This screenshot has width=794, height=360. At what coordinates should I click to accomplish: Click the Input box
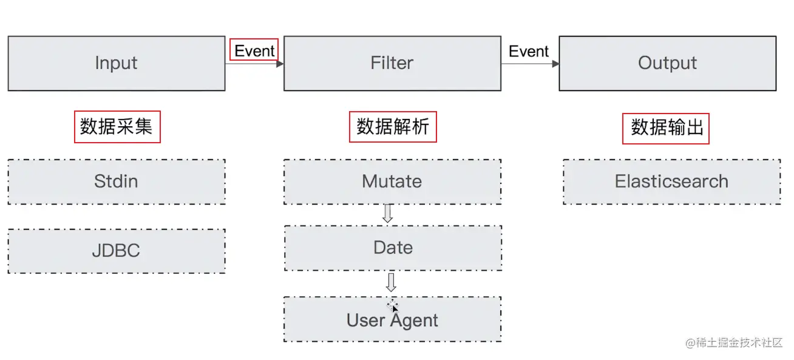[x=116, y=63]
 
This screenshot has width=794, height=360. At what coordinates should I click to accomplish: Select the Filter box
[x=392, y=63]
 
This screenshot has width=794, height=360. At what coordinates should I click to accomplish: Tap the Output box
[x=667, y=63]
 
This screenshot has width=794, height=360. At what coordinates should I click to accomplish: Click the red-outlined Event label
[x=254, y=51]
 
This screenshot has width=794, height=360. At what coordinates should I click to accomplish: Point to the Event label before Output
[x=529, y=52]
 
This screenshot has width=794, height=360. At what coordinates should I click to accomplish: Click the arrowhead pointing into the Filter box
[x=280, y=64]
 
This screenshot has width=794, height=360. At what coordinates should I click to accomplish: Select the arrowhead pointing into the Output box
[x=555, y=64]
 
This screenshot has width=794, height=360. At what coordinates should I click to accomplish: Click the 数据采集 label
[x=117, y=126]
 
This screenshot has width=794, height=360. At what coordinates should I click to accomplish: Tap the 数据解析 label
[x=393, y=126]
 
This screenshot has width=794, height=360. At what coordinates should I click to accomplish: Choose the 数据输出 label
[x=666, y=127]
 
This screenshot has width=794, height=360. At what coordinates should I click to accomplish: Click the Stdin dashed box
[x=116, y=182]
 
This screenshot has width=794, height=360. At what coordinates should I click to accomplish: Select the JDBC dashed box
[x=116, y=251]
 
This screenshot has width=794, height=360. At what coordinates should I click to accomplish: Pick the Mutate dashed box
[x=392, y=182]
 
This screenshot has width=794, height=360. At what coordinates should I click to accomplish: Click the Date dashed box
[x=393, y=248]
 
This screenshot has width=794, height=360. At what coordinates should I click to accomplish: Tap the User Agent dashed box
[x=392, y=320]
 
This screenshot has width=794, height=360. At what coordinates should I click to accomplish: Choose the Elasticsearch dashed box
[x=671, y=182]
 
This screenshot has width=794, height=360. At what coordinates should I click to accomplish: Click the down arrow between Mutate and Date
[x=388, y=214]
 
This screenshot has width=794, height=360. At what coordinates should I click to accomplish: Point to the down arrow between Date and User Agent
[x=392, y=282]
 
